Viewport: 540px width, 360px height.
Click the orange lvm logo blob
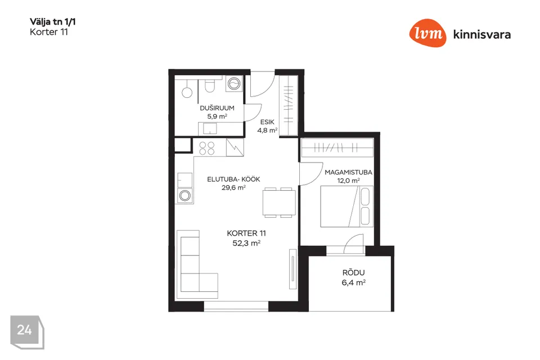[x=427, y=33]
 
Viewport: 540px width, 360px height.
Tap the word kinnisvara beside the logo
[x=482, y=34]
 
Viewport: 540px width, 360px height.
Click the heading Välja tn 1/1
[x=53, y=22]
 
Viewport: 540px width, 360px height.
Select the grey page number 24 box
[x=27, y=332]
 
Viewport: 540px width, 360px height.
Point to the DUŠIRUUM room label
[x=217, y=108]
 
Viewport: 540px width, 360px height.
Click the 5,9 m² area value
[x=217, y=116]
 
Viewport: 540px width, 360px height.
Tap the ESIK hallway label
[x=267, y=122]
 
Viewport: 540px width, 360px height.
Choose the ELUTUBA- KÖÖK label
[x=233, y=179]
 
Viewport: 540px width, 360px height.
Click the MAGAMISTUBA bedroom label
[x=349, y=172]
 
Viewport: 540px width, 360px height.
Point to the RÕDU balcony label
[x=353, y=273]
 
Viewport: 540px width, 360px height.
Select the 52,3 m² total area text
[x=246, y=243]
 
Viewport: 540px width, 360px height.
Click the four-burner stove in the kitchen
[x=207, y=148]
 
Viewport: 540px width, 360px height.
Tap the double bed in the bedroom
[x=347, y=206]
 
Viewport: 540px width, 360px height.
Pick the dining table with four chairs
[x=279, y=202]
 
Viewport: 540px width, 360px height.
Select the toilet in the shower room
[x=209, y=85]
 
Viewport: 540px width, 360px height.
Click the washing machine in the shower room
[x=234, y=84]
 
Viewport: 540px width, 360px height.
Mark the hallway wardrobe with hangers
[x=288, y=105]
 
